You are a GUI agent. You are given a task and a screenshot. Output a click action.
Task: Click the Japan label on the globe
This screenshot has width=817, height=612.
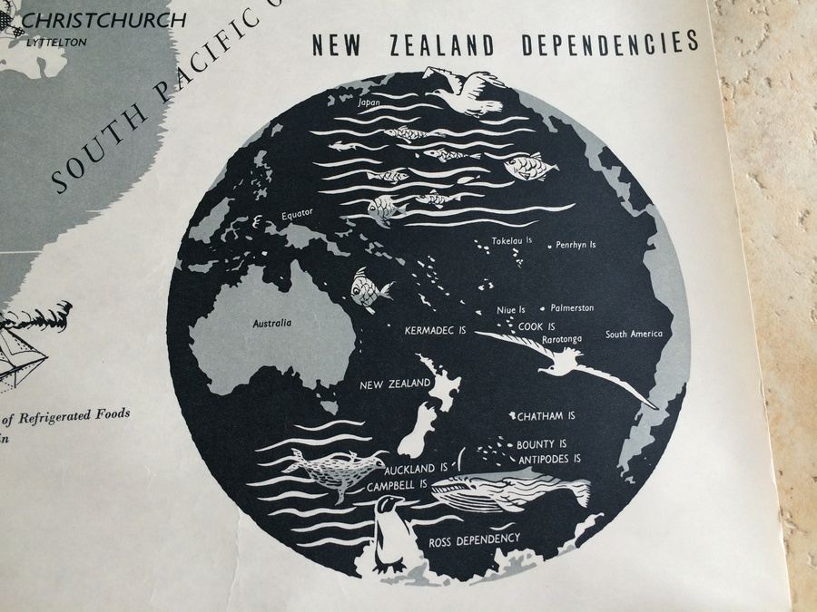click(369, 102)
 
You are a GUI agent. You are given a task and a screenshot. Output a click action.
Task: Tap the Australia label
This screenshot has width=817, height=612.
click(272, 323)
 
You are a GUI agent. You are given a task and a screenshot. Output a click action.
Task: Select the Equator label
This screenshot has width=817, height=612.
click(297, 214)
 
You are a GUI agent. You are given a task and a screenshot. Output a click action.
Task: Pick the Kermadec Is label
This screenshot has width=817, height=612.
click(435, 331)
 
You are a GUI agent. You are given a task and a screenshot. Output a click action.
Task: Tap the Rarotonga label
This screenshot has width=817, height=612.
click(560, 339)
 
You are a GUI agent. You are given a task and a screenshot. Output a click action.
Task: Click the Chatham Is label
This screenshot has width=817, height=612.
click(546, 417)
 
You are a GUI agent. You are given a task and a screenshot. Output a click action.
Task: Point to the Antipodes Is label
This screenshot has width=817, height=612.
click(550, 460)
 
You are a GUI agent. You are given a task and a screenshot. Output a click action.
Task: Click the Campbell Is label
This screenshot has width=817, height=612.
click(397, 486)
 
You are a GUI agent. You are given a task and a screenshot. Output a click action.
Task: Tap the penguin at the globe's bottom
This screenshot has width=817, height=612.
click(389, 535)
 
